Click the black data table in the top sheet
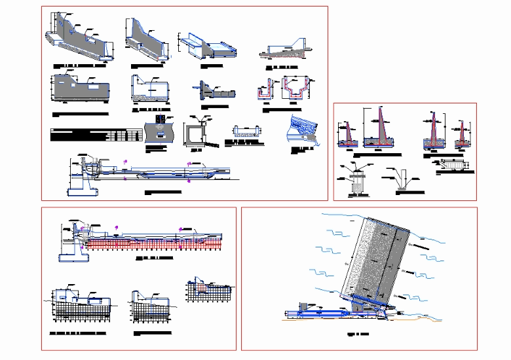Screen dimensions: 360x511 click(x=96, y=135)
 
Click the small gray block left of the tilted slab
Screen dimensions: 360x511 click(x=304, y=307)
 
